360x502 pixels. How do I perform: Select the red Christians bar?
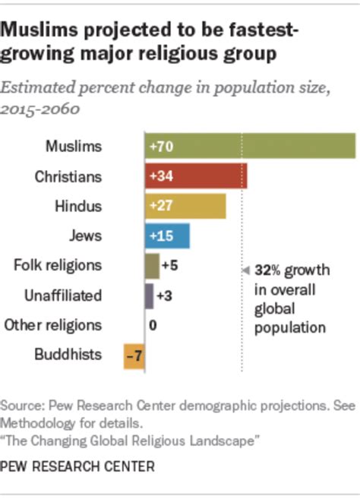pos(195,176)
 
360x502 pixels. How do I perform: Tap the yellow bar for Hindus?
pos(185,206)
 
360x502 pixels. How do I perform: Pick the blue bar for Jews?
pos(167,235)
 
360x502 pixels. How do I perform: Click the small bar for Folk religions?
pos(151,265)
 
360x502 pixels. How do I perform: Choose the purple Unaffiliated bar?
pos(149,295)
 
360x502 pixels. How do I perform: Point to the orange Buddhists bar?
pos(134,355)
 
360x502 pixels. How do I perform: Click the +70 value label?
pos(161,147)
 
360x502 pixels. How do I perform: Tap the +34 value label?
pos(161,176)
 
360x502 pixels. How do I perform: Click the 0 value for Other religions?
pos(153,325)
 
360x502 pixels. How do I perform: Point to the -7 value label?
pos(134,355)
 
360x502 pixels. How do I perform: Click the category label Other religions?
pos(52,325)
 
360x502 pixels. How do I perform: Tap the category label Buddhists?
pos(68,355)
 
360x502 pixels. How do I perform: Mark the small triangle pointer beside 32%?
pos(245,270)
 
